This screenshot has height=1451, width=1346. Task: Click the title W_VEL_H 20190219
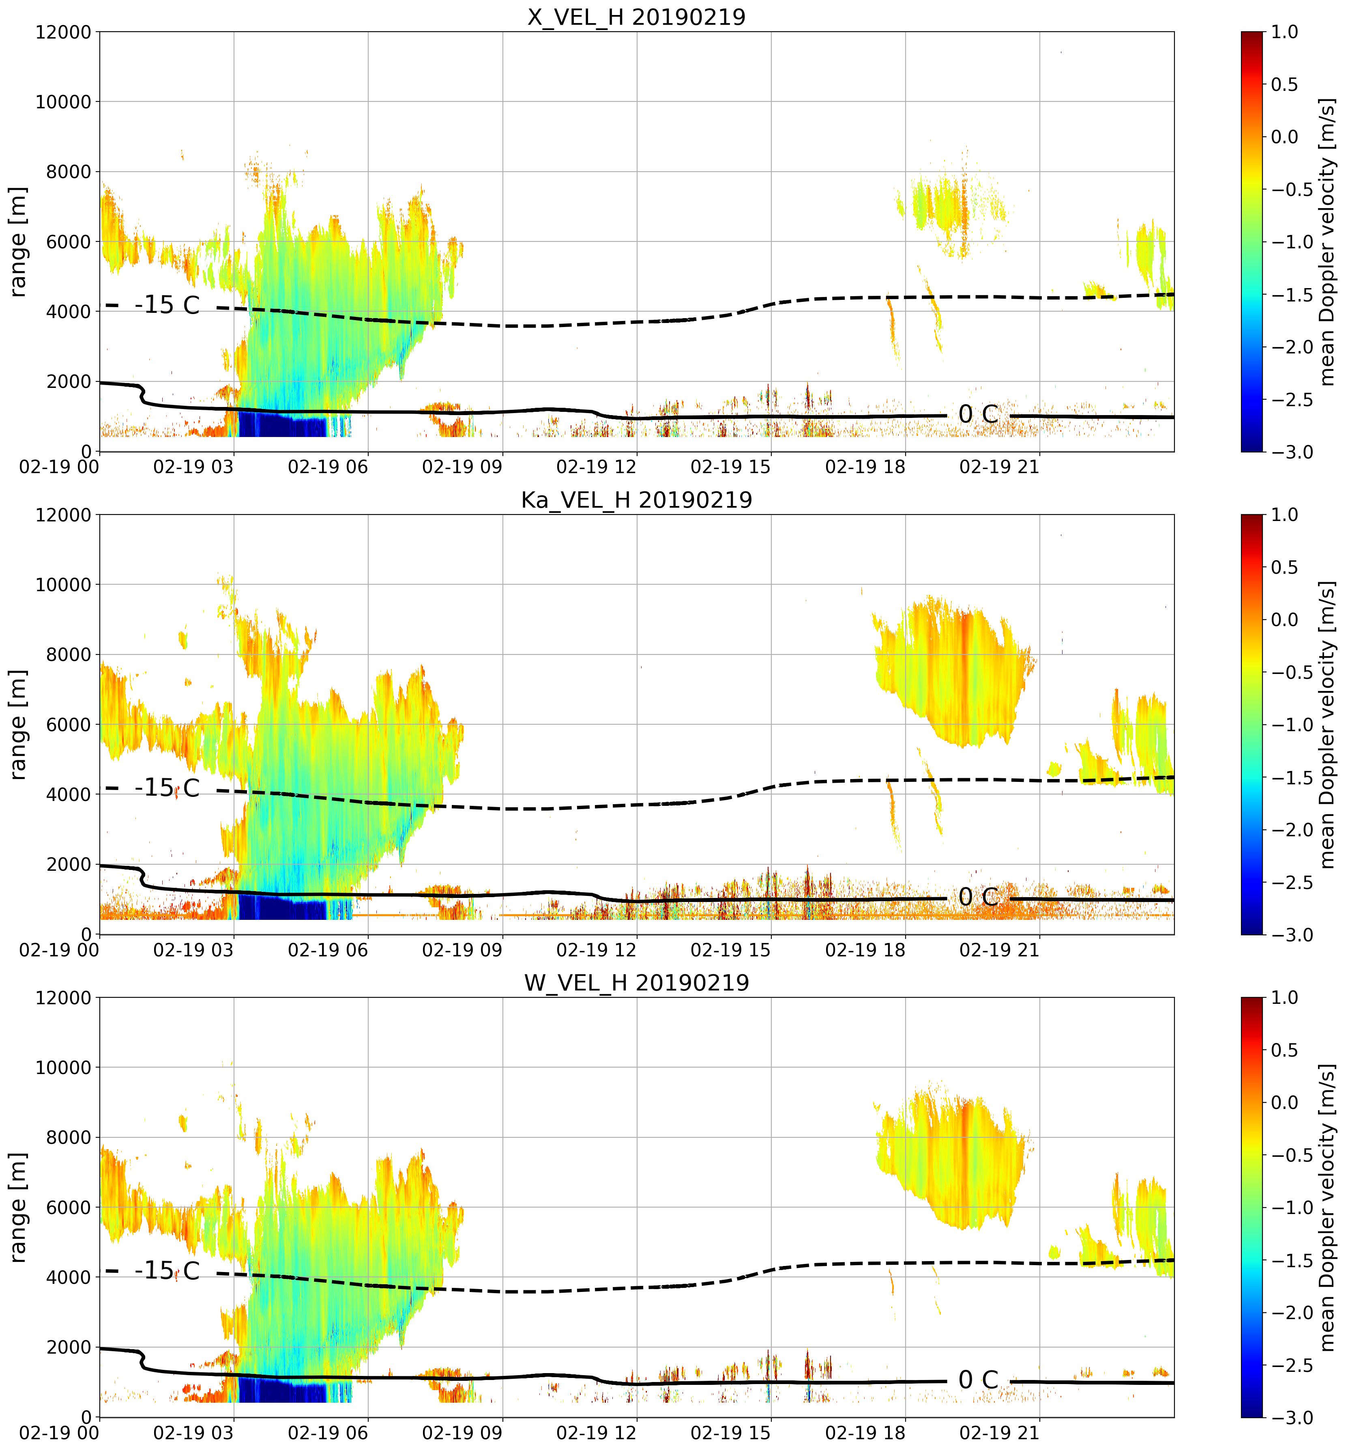click(x=637, y=983)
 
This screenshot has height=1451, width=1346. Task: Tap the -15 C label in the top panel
click(x=167, y=305)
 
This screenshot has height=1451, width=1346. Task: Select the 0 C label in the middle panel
click(x=978, y=897)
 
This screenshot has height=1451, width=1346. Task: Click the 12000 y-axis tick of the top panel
click(x=63, y=32)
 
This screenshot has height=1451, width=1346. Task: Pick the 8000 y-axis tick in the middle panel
click(x=69, y=654)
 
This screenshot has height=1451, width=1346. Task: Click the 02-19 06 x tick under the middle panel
click(x=328, y=949)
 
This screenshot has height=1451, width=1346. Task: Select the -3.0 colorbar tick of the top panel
click(x=1285, y=452)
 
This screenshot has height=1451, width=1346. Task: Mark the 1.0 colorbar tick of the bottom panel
click(x=1285, y=998)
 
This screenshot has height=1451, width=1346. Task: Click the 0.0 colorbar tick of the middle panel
click(x=1285, y=620)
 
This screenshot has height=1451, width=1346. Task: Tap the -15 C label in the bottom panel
click(x=167, y=1271)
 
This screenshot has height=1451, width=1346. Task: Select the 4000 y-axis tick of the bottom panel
click(x=69, y=1277)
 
